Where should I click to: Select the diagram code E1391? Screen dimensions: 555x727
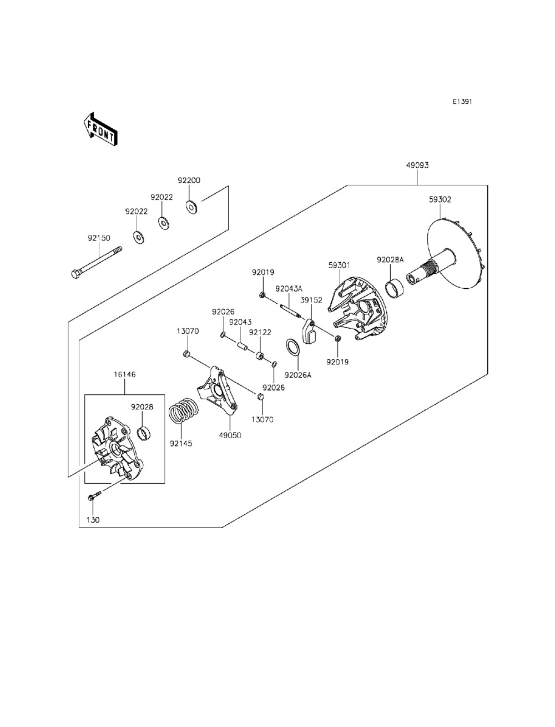[x=462, y=102]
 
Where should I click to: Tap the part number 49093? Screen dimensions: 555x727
[x=417, y=166]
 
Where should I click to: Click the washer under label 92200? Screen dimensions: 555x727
[x=191, y=207]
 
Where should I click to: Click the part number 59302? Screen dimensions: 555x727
[x=440, y=200]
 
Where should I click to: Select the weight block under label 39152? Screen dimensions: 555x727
[x=310, y=332]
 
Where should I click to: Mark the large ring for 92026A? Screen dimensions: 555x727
[x=292, y=348]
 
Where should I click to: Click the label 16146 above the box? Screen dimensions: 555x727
[x=125, y=374]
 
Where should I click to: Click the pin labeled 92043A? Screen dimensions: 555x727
[x=290, y=311]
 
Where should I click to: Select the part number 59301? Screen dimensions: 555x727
[x=339, y=265]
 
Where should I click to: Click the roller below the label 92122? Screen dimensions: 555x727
[x=260, y=357]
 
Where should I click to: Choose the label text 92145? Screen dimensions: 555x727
[x=181, y=444]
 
